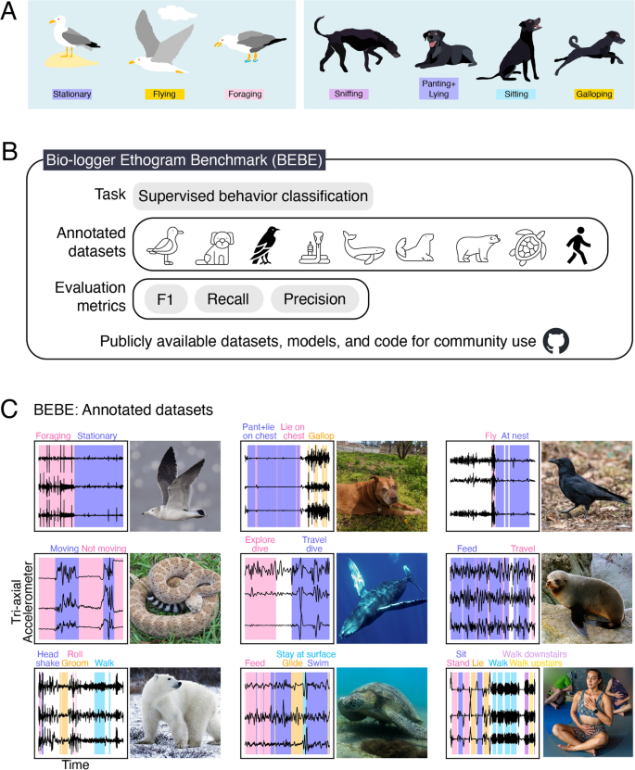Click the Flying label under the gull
pos(165,94)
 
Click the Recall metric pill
pos(226,299)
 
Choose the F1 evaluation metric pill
pos(166,299)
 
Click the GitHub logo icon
pos(554,342)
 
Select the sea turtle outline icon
pos(530,247)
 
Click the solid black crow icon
pos(262,246)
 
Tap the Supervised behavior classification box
pos(252,196)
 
